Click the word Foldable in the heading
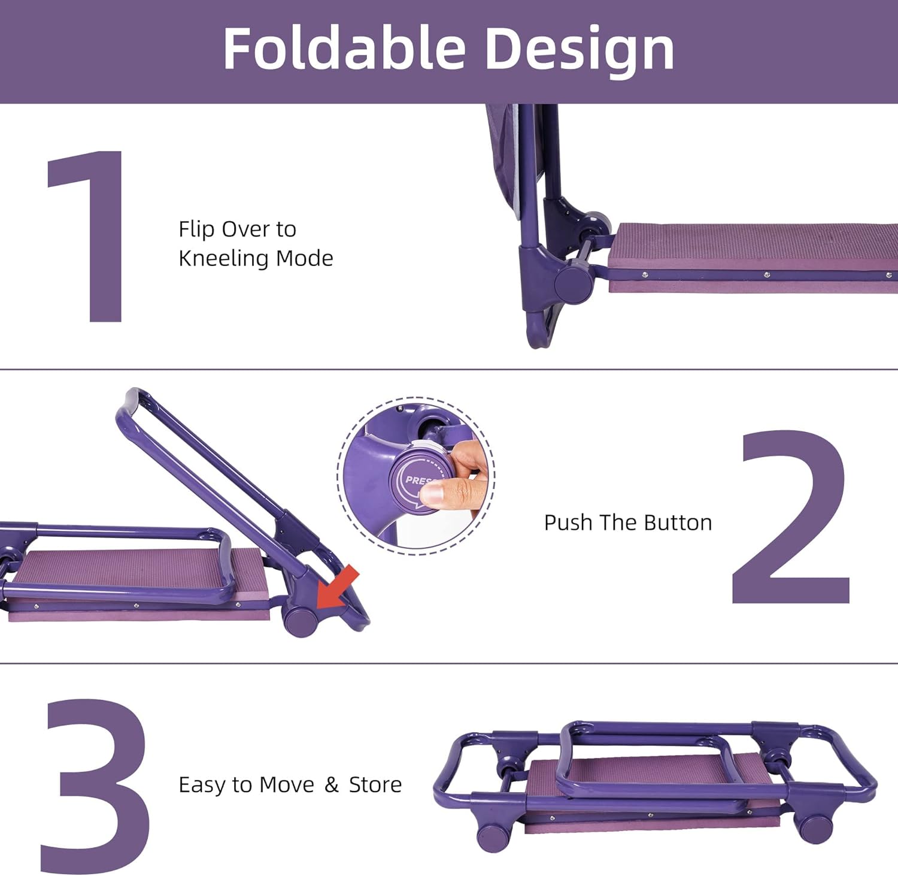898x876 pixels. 344,49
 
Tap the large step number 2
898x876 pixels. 790,516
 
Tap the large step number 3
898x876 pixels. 96,786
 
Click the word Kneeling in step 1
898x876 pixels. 223,258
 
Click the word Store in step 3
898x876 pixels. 375,784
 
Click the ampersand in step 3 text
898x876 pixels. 332,785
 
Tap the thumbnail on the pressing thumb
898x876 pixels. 433,493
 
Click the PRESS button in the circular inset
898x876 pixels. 417,479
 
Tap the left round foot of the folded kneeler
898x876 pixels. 492,838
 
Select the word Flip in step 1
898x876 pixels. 196,229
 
